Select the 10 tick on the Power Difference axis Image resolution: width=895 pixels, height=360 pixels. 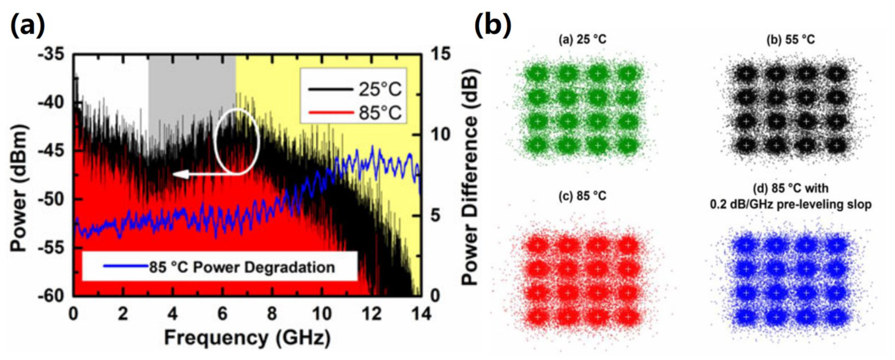pyautogui.click(x=440, y=135)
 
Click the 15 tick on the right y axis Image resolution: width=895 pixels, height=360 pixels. pyautogui.click(x=440, y=54)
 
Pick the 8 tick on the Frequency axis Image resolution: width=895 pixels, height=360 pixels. pyautogui.click(x=272, y=314)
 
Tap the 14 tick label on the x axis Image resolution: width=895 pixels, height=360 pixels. pyautogui.click(x=421, y=314)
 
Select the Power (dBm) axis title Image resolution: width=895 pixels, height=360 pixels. pyautogui.click(x=19, y=174)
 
